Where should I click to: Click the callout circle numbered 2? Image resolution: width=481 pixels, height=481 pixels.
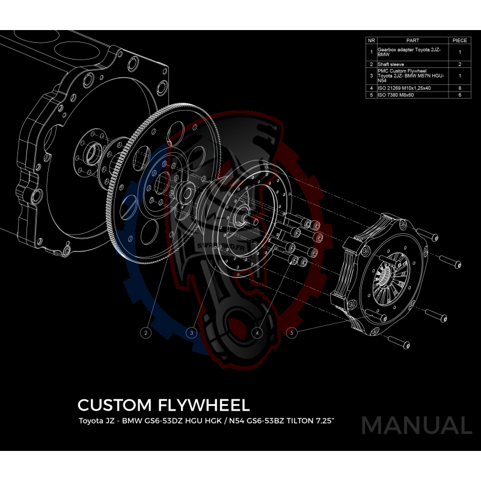click(x=145, y=332)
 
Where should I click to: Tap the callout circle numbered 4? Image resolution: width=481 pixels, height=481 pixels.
click(x=257, y=332)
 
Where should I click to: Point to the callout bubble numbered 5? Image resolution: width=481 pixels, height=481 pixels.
click(x=292, y=332)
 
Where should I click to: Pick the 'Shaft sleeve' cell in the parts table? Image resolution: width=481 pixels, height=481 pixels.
click(x=391, y=63)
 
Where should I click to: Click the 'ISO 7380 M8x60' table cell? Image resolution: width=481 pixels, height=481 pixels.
click(x=396, y=94)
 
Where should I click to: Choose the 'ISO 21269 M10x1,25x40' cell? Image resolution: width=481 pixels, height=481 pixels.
click(x=404, y=88)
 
